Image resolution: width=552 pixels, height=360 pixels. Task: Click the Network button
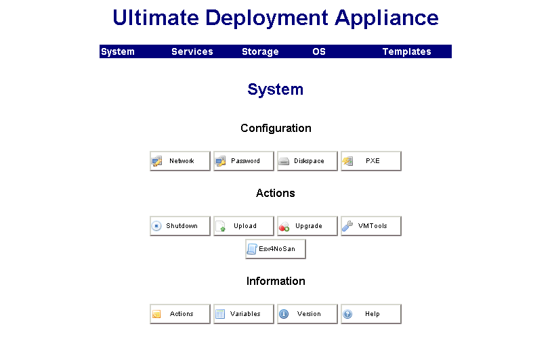click(180, 161)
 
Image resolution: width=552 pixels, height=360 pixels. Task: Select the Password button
click(244, 161)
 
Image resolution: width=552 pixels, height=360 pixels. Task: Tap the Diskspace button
click(307, 161)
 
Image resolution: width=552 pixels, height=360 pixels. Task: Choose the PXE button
click(371, 161)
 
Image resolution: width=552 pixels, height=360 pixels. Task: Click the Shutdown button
click(180, 226)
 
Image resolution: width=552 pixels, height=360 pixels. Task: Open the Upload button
click(244, 226)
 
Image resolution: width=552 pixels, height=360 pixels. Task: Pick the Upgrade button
click(307, 226)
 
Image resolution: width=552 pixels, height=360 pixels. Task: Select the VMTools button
click(371, 226)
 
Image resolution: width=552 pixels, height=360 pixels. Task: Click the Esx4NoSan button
click(276, 249)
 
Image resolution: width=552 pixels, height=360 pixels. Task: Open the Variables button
click(244, 314)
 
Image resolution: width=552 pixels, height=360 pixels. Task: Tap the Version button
click(307, 314)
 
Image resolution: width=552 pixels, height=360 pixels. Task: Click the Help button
click(371, 314)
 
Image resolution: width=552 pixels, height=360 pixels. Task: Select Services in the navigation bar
click(192, 51)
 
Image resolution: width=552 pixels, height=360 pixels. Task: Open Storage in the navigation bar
click(260, 51)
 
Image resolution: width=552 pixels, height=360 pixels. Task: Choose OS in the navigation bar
click(319, 51)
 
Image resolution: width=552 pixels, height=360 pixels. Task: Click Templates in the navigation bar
click(406, 51)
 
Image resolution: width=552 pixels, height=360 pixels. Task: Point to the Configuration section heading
click(276, 128)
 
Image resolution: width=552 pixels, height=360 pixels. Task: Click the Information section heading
click(276, 281)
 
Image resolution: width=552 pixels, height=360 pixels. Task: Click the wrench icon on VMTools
click(347, 226)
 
